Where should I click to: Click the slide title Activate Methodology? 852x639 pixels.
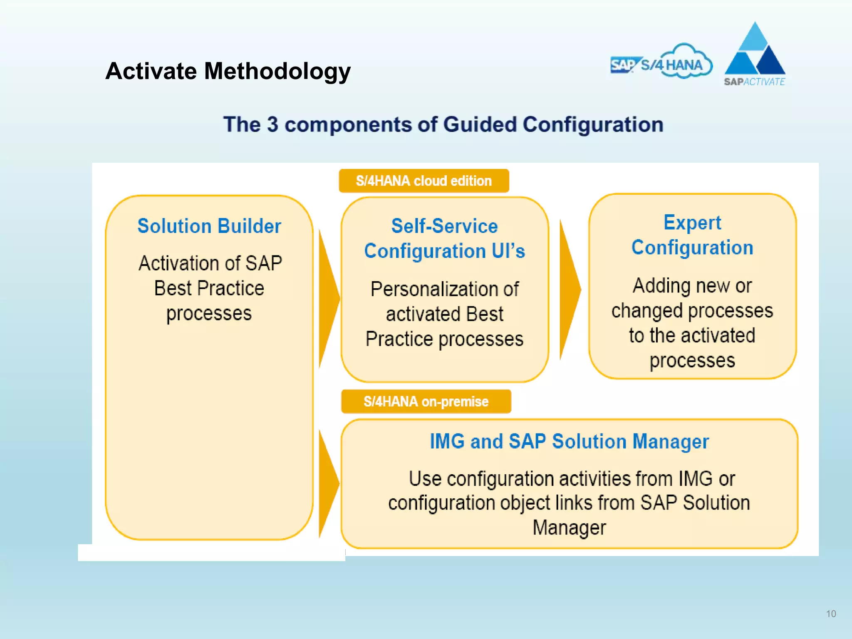228,71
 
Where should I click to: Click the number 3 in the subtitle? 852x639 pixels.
272,124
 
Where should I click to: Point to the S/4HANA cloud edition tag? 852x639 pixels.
424,181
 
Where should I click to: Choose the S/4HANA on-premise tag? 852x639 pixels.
426,401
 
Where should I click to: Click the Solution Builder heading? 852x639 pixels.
209,226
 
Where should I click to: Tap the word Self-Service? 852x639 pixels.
444,226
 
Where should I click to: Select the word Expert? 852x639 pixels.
692,223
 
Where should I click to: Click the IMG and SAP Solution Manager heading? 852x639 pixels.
569,441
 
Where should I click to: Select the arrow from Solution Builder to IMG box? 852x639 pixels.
329,483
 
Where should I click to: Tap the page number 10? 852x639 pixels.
831,614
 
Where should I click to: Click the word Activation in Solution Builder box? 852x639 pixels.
180,263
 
